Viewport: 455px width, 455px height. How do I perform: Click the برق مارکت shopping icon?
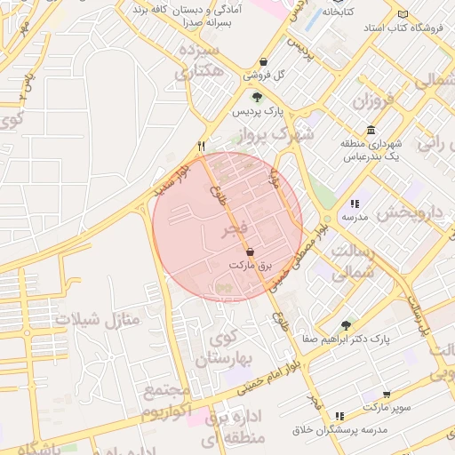click(249, 252)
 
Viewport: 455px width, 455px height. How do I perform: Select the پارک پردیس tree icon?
click(257, 98)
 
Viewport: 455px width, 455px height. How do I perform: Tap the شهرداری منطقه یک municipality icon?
click(371, 130)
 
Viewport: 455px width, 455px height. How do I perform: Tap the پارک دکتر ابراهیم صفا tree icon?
click(346, 325)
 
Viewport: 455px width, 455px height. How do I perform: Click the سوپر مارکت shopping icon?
click(387, 394)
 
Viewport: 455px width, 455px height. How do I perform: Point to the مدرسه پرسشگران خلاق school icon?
click(339, 416)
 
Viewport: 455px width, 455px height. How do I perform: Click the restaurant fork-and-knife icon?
click(202, 146)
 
